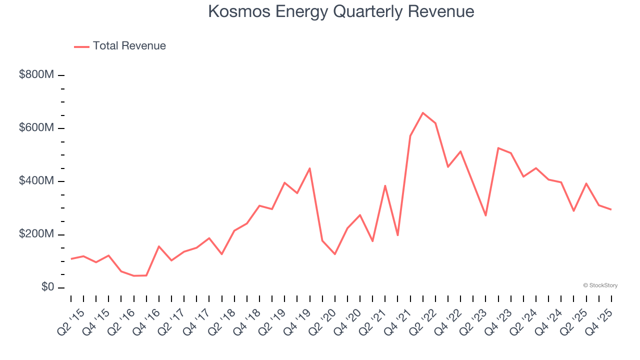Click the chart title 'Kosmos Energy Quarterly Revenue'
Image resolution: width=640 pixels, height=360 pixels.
click(x=341, y=11)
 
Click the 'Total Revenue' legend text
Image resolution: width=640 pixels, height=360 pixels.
click(x=129, y=46)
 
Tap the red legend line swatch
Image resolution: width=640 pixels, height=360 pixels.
click(x=81, y=46)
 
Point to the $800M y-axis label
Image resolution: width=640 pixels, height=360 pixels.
click(x=36, y=75)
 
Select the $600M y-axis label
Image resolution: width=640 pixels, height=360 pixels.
click(x=36, y=128)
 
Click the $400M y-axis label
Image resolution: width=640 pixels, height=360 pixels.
click(x=36, y=181)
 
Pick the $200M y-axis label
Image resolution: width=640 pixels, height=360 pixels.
click(x=36, y=234)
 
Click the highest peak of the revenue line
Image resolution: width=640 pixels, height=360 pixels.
click(x=423, y=113)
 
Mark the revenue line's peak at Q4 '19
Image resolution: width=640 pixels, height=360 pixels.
click(x=310, y=168)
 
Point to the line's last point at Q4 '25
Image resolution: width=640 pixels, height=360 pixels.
click(x=611, y=209)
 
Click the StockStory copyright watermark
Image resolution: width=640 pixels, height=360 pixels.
click(x=600, y=285)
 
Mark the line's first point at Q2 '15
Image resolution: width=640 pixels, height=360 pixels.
click(x=71, y=259)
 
